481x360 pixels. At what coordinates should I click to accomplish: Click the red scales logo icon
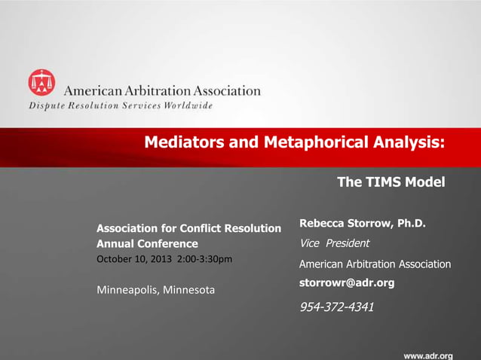tap(41, 82)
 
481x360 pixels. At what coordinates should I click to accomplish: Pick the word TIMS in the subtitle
tap(384, 182)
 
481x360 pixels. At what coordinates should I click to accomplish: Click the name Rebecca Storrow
tap(342, 223)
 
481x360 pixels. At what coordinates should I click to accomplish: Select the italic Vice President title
tap(334, 243)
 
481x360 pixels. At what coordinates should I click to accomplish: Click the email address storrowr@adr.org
tap(347, 282)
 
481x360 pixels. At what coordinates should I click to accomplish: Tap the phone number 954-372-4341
tap(337, 307)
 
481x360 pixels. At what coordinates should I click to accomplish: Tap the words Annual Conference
tap(147, 244)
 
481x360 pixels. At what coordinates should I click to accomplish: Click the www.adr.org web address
tap(427, 355)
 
